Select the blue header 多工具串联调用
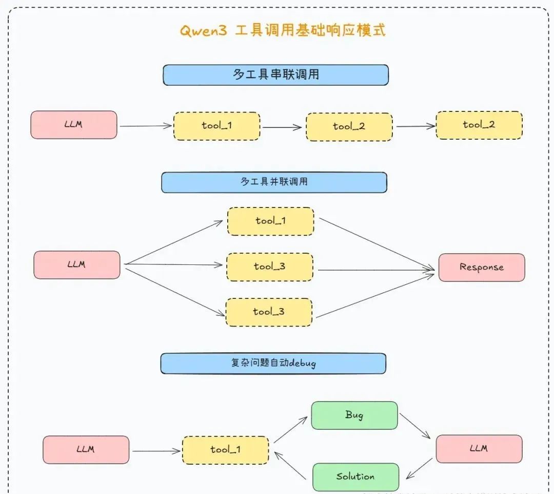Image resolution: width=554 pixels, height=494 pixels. [x=275, y=74]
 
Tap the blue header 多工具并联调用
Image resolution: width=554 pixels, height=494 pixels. [x=274, y=182]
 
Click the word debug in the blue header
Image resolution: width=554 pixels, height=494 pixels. [x=303, y=363]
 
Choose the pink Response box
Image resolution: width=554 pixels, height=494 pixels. [x=481, y=267]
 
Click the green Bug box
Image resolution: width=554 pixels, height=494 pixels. [x=354, y=415]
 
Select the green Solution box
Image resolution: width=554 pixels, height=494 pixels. [x=355, y=477]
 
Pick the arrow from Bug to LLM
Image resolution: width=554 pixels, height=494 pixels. [x=414, y=426]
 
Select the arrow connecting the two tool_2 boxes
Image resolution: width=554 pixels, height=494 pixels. [x=415, y=126]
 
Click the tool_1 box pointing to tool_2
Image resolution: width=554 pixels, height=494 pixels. [x=216, y=126]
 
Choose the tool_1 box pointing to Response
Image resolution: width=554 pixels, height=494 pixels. [x=270, y=221]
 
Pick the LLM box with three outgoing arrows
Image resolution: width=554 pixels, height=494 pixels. [x=76, y=265]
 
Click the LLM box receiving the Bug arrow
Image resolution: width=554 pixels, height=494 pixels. [x=479, y=449]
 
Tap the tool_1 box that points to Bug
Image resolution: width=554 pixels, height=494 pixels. [x=225, y=450]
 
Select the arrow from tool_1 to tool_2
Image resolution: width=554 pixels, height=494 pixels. [x=282, y=127]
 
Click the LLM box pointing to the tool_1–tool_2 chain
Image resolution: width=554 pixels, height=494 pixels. [x=73, y=125]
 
